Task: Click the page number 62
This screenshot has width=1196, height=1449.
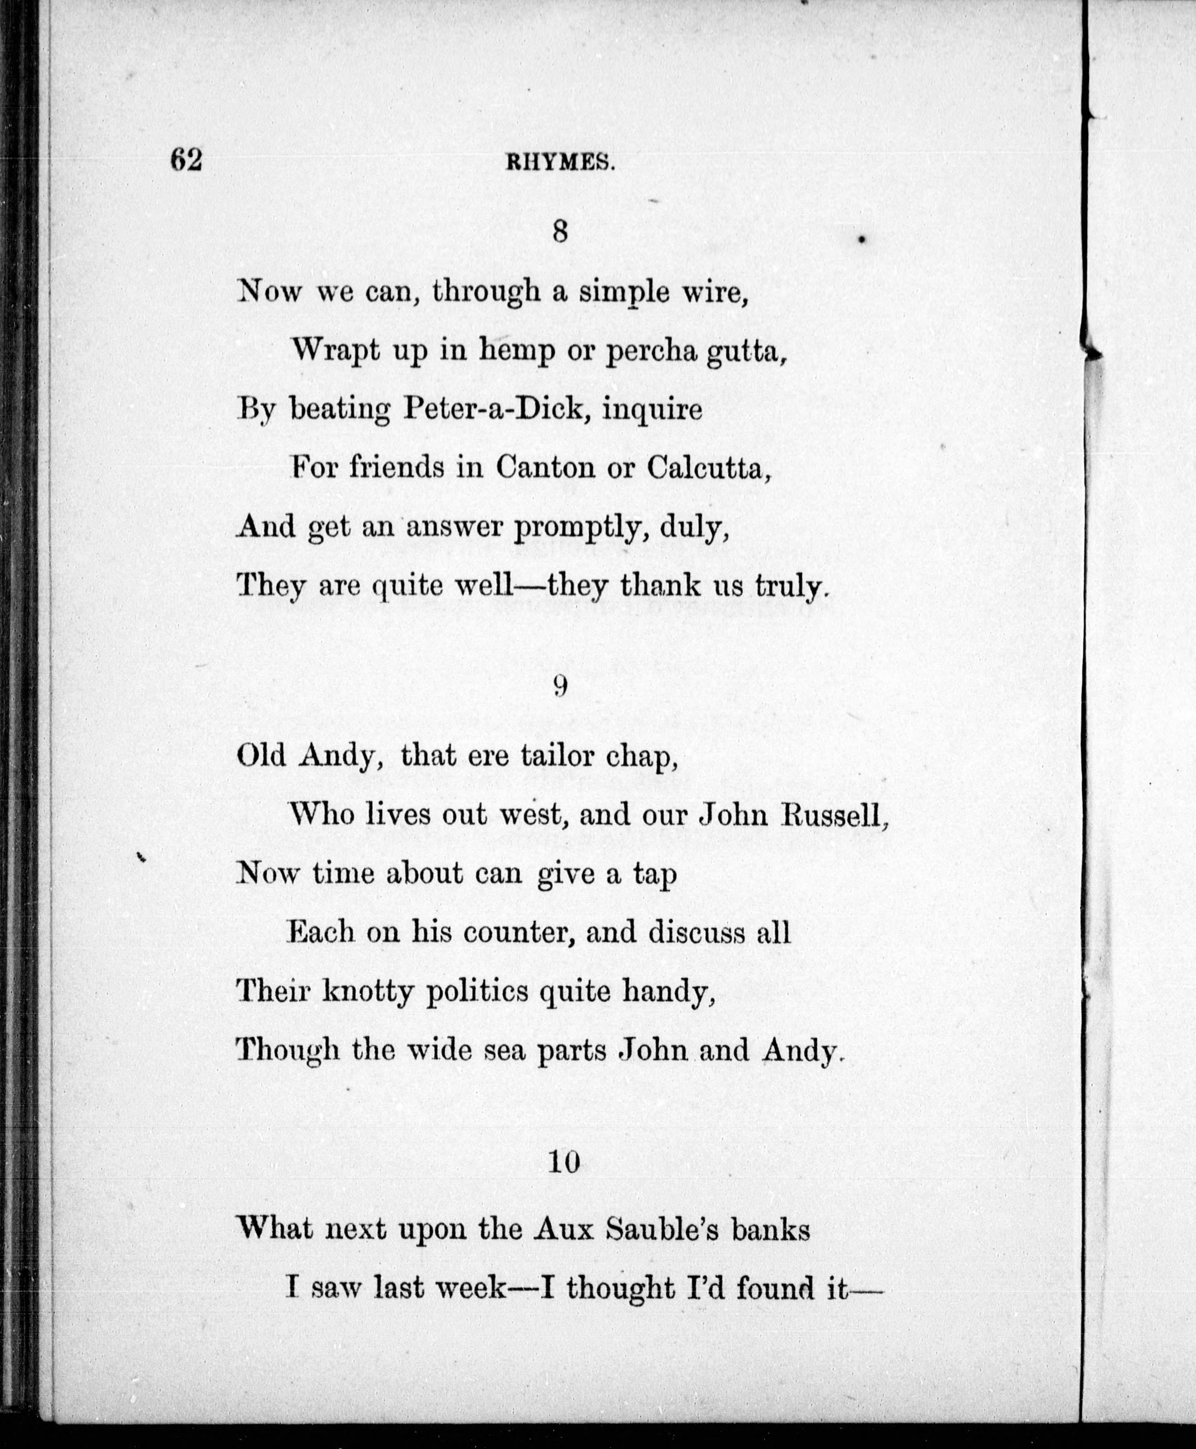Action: pyautogui.click(x=186, y=160)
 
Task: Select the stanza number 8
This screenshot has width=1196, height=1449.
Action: pyautogui.click(x=560, y=232)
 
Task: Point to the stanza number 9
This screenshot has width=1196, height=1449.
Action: pyautogui.click(x=560, y=686)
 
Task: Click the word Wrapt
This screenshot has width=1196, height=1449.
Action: pyautogui.click(x=335, y=351)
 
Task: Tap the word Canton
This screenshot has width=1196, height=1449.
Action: pyautogui.click(x=545, y=468)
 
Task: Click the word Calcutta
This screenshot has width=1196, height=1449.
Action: pyautogui.click(x=706, y=468)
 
